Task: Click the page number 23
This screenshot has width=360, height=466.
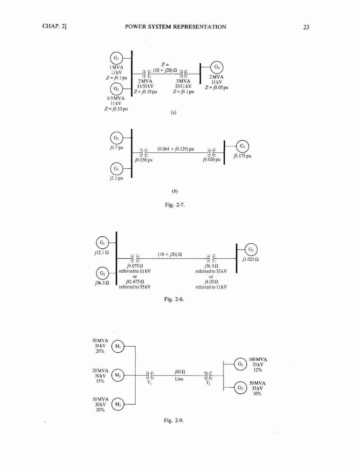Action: point(306,27)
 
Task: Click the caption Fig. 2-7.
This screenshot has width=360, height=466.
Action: point(175,205)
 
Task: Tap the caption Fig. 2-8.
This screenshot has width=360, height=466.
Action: point(174,299)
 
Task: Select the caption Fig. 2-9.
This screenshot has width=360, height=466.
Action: point(174,420)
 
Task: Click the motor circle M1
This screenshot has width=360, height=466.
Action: point(118,347)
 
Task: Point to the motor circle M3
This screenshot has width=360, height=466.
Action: point(118,404)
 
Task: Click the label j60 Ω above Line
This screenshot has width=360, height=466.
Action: point(180,372)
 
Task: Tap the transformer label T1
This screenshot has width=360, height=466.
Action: point(150,383)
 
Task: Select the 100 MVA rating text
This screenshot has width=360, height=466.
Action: point(258,359)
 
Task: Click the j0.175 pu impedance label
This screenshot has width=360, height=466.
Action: point(242,156)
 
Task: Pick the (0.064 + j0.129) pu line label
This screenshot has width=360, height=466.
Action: point(175,149)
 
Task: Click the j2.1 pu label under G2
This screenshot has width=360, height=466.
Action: point(116,178)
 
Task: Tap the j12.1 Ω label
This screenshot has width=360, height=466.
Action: point(102,253)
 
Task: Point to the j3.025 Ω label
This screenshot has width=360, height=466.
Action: point(250,259)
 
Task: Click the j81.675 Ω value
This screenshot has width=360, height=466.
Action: point(135,282)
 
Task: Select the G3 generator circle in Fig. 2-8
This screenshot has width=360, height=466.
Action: point(251,249)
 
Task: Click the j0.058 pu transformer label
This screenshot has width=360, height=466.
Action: point(144,160)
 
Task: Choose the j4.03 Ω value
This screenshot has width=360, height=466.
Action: point(211,282)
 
